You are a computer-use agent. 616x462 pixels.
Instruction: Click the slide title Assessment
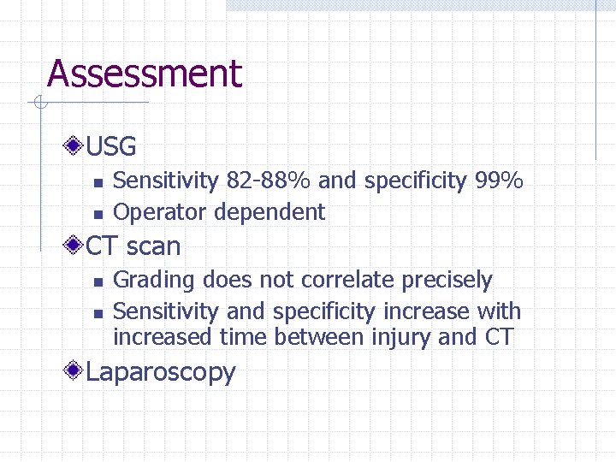tap(145, 74)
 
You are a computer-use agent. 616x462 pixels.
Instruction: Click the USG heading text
tap(111, 147)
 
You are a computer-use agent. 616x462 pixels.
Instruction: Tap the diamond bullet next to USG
tap(76, 146)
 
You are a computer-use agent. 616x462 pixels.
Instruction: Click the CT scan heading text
tap(133, 246)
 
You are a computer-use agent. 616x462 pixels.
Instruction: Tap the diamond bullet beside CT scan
tap(76, 246)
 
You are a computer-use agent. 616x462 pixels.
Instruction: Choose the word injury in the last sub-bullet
tap(401, 337)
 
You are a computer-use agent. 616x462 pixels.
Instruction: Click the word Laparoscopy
tap(160, 373)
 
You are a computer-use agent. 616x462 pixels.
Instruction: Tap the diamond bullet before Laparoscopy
tap(76, 371)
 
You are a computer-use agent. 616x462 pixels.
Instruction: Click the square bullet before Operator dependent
tap(98, 214)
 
